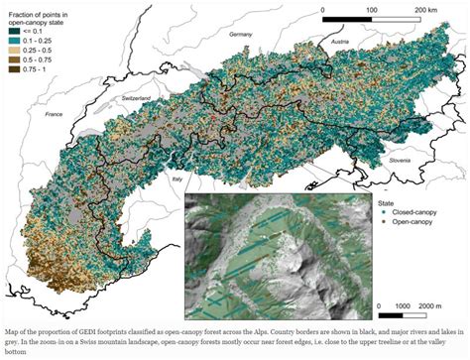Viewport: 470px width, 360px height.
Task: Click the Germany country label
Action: [x=241, y=34]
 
